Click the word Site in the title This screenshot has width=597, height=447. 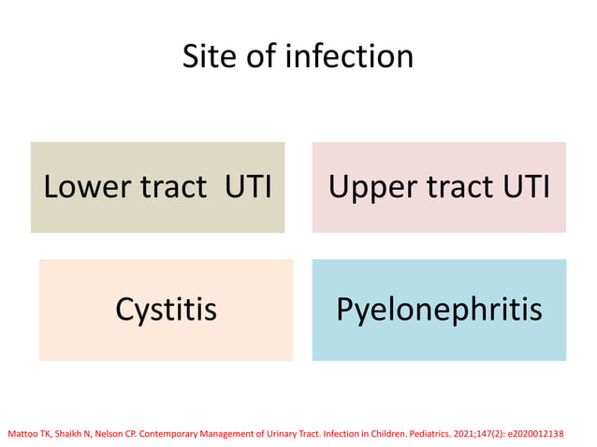click(x=208, y=57)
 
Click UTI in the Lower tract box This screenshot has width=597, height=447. click(x=249, y=187)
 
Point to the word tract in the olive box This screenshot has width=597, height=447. click(x=174, y=187)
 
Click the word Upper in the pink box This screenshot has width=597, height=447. click(x=372, y=187)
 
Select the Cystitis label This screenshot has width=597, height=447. click(x=166, y=310)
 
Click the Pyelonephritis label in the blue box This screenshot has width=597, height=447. click(x=439, y=310)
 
